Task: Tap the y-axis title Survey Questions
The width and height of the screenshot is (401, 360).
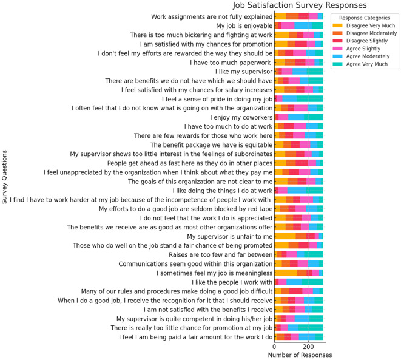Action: pos(5,180)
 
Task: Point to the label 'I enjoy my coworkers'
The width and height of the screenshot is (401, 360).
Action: pos(241,117)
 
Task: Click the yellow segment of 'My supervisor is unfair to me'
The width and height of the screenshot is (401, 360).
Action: pos(285,236)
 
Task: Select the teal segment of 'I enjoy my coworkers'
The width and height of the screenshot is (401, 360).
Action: pos(314,117)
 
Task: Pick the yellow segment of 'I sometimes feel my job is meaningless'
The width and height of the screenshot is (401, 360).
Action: pos(286,273)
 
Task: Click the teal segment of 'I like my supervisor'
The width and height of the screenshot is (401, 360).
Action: pos(315,71)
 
